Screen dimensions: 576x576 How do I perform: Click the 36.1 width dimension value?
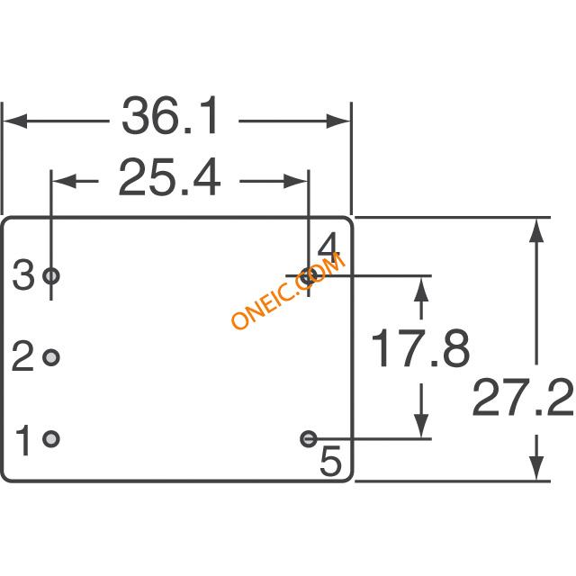point(170,116)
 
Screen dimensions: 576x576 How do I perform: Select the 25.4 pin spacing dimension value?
point(169,177)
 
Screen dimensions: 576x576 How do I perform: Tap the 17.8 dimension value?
point(420,348)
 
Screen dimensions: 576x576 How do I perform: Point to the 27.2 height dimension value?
point(523,398)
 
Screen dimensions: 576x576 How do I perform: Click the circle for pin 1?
point(51,438)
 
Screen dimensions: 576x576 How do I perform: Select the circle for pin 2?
point(51,357)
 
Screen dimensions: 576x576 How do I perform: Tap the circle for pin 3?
point(51,275)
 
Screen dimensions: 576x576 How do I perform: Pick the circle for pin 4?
point(308,276)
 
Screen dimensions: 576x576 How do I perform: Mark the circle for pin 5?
point(309,438)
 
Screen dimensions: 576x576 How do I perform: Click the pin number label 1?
point(22,440)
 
